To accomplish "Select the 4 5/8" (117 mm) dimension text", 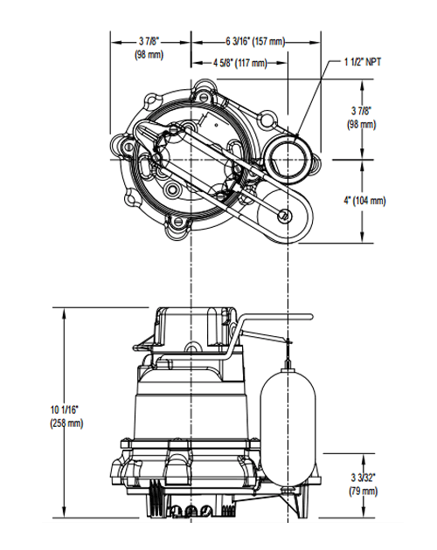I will click(x=240, y=63).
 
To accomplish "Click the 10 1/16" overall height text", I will click(x=66, y=409).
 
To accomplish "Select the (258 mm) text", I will click(x=66, y=423).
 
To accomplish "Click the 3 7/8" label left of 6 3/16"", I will click(x=149, y=41).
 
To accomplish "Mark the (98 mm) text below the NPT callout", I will click(x=360, y=125).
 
